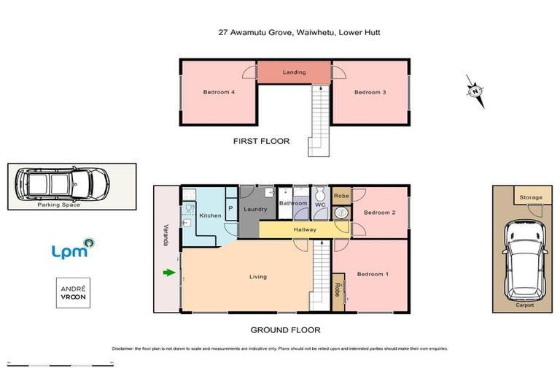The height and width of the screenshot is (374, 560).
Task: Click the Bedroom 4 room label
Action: coord(218,92)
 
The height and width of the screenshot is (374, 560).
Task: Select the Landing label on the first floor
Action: coord(295,72)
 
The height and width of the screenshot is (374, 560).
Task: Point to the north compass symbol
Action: coord(475,91)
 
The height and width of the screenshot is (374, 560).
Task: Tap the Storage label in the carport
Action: coord(531,197)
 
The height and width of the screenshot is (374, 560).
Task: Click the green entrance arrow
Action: coord(169,273)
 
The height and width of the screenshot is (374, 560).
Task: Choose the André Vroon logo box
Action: coord(73,293)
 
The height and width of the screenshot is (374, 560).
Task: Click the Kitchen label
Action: coord(210,215)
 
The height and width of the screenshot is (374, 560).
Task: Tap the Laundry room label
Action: coord(255,210)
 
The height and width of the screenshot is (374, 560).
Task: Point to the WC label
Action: coord(319,205)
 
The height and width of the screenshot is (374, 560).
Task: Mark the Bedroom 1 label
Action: coord(372,274)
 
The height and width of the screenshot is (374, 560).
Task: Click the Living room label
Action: coord(257,277)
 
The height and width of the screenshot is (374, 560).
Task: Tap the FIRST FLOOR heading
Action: coord(261,141)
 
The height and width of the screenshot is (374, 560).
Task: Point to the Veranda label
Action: coord(166,234)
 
